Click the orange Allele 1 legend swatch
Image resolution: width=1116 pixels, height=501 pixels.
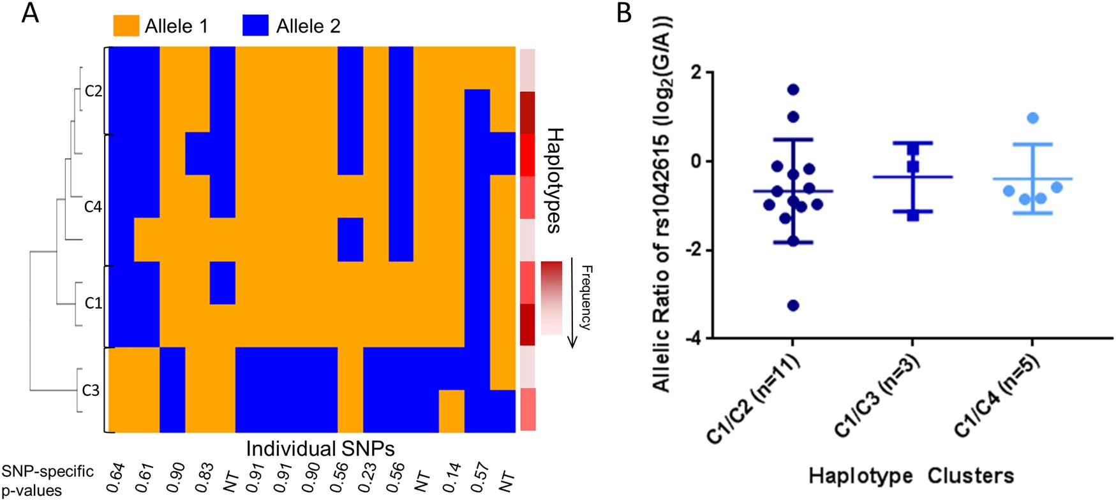pos(126,26)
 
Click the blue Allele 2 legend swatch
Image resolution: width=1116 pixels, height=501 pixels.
pos(255,26)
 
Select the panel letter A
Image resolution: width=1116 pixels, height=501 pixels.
pos(30,13)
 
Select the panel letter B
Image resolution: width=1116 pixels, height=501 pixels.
pos(624,13)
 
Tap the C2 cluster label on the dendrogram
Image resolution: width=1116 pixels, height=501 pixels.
pos(93,91)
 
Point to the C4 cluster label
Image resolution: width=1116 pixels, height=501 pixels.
pos(93,207)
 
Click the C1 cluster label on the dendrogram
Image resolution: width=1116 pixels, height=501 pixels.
pos(93,303)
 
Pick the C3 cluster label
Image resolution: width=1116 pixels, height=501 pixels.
pos(91,390)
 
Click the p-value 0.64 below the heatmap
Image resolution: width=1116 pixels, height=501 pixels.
pos(115,478)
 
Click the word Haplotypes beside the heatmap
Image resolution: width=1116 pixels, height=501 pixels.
pos(554,180)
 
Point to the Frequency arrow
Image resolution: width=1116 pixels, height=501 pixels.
pos(572,303)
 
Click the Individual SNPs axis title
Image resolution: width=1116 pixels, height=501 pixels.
pos(320,448)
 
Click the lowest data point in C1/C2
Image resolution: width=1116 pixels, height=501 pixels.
pos(793,305)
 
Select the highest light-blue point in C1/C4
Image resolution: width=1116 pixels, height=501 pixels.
pos(1033,118)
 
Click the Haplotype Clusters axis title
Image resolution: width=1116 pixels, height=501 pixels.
pos(911,476)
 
